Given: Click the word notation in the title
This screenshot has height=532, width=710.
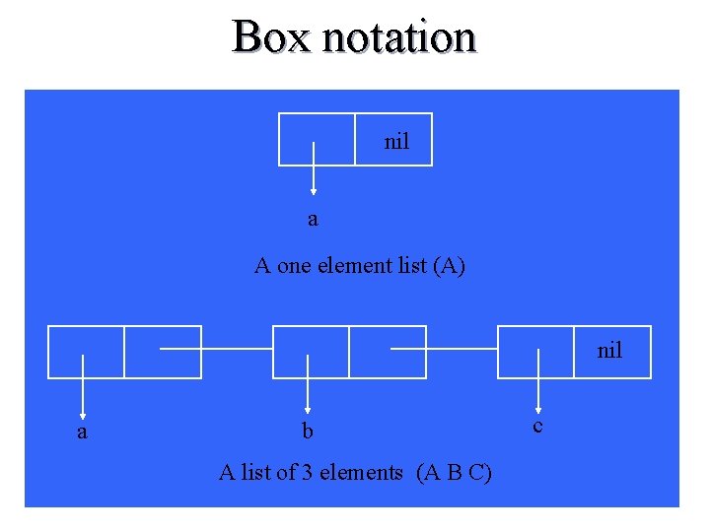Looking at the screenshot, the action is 398,37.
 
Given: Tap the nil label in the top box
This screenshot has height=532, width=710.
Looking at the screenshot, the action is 396,142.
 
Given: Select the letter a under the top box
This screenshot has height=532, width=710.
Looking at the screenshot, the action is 313,219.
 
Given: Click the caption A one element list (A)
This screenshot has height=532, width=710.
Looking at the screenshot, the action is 360,265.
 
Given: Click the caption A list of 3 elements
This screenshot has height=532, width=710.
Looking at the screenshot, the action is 311,473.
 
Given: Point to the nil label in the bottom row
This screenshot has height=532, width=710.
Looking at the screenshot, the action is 609,351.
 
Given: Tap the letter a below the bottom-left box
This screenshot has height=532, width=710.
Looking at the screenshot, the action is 82,432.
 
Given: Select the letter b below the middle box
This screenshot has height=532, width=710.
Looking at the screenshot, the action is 308,432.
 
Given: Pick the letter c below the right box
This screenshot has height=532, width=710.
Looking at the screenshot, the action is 537,426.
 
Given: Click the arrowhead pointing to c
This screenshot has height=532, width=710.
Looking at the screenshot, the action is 538,408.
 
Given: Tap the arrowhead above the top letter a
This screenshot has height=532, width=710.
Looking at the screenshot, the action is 315,193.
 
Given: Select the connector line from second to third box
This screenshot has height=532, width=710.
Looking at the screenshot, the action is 463,349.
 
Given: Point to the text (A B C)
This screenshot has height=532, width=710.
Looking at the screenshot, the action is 455,473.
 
